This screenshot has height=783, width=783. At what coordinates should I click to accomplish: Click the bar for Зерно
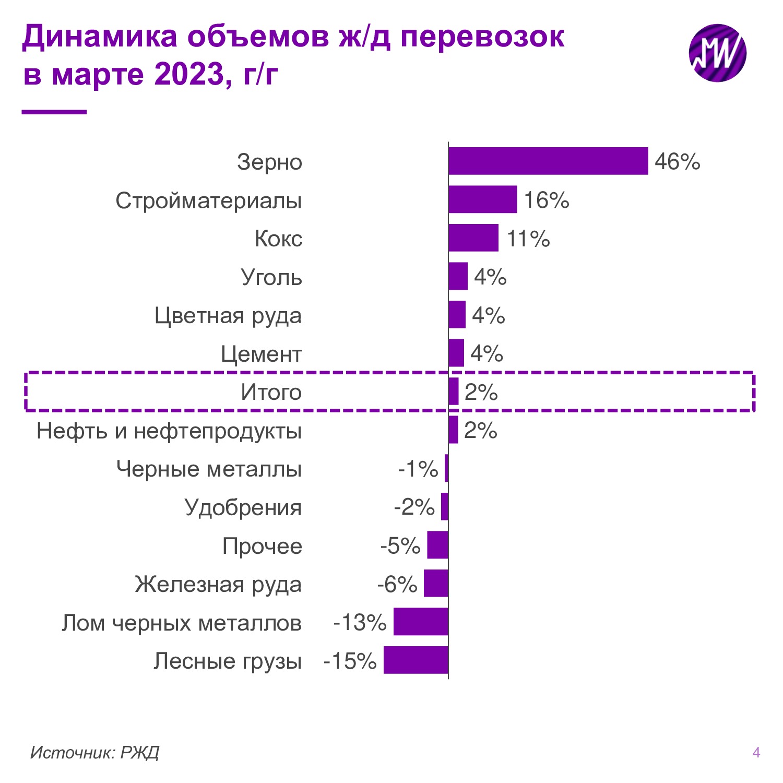(x=548, y=161)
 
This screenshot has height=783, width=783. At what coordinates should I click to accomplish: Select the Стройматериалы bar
(x=483, y=199)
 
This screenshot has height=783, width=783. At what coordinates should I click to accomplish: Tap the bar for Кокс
(x=473, y=238)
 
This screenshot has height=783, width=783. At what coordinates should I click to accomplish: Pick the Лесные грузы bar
(x=416, y=660)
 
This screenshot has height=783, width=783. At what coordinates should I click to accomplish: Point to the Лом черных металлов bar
(x=421, y=621)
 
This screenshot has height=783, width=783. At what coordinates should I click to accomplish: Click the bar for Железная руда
(x=436, y=583)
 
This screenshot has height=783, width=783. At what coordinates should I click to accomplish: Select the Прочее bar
(x=437, y=545)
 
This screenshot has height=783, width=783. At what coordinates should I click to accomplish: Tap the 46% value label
(x=677, y=162)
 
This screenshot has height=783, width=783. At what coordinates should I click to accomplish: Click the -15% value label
(x=350, y=661)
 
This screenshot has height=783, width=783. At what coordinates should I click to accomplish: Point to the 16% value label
(x=546, y=200)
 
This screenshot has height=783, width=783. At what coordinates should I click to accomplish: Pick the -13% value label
(x=360, y=622)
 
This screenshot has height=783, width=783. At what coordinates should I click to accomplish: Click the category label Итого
(x=271, y=392)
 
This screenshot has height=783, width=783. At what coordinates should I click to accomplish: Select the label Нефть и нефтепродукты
(x=169, y=431)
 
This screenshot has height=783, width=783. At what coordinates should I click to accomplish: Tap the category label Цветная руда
(x=228, y=316)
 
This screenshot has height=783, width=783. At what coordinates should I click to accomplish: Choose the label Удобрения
(x=243, y=507)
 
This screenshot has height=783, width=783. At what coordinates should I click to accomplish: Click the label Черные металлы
(x=209, y=469)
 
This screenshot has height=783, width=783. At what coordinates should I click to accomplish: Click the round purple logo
(x=717, y=53)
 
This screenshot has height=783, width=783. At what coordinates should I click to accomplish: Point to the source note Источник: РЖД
(x=94, y=752)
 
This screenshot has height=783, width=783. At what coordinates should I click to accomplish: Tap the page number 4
(x=756, y=752)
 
